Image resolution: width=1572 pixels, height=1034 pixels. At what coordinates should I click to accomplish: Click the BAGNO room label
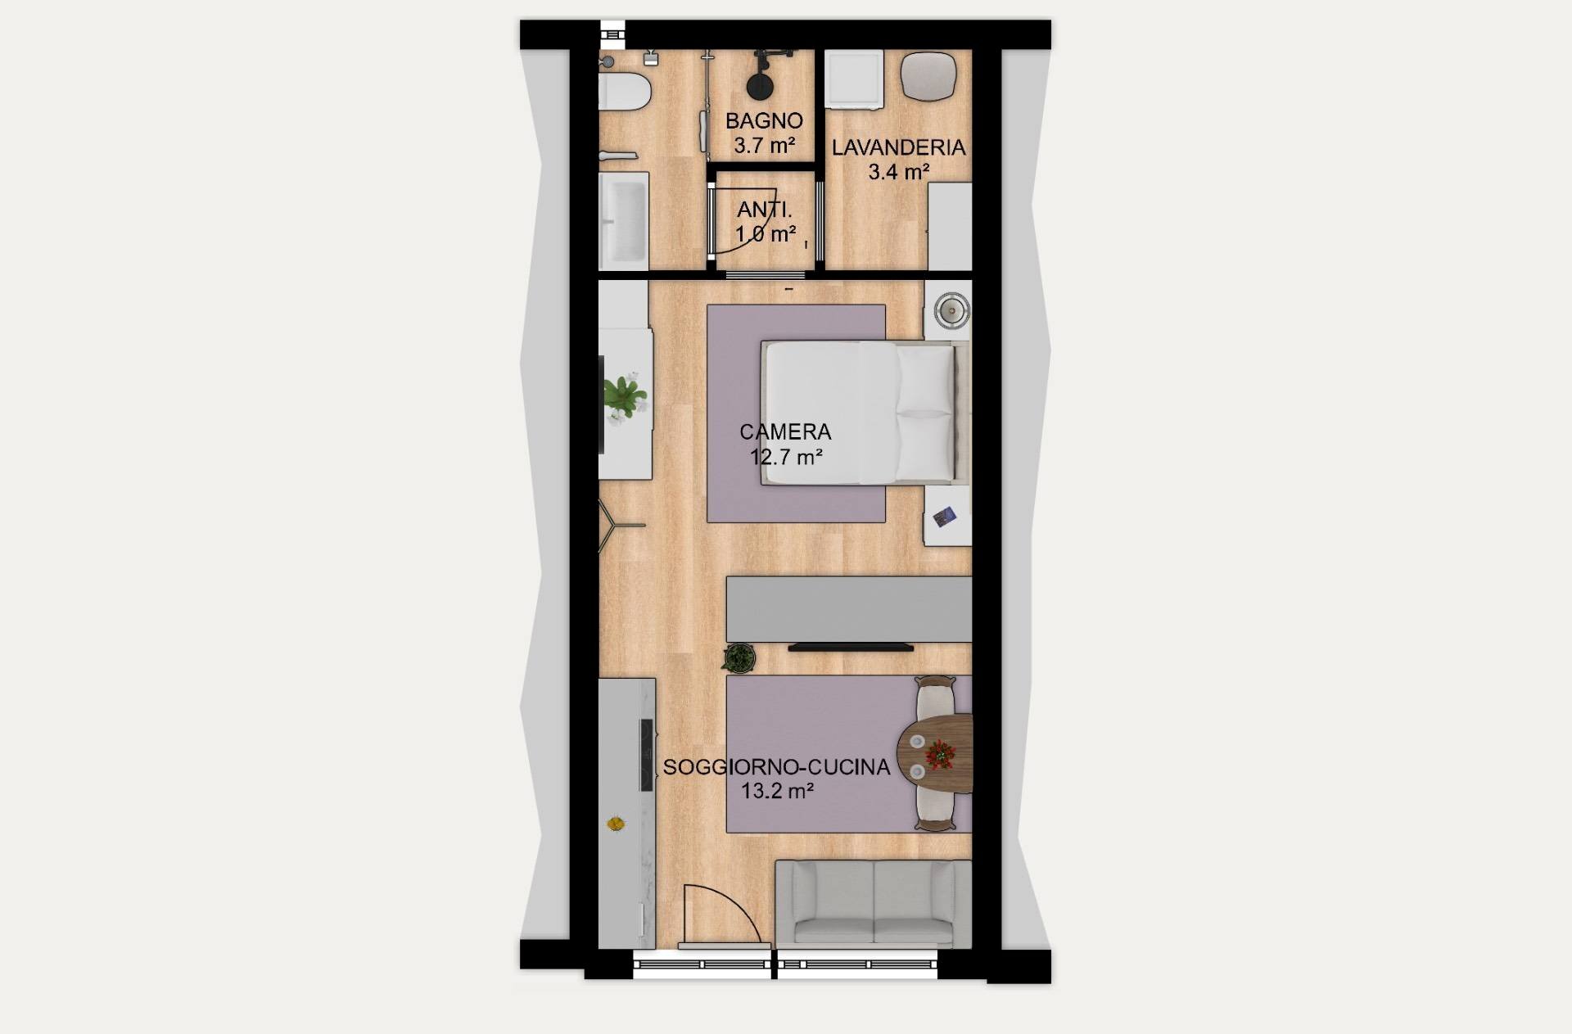(764, 120)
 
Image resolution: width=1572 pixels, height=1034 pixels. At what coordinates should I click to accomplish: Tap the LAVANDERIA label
(898, 147)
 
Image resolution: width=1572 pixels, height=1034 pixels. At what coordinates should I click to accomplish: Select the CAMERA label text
(785, 431)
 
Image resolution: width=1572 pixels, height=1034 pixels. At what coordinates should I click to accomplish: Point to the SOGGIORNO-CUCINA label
(776, 767)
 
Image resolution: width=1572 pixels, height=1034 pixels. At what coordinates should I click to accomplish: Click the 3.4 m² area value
(898, 172)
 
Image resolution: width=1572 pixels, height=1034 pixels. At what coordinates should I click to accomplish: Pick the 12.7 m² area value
(786, 457)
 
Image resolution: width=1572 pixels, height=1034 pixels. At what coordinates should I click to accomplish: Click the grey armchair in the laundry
(928, 75)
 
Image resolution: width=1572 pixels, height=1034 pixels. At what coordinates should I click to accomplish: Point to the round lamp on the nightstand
(952, 310)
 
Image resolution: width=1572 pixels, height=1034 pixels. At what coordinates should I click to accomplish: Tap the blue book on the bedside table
(944, 517)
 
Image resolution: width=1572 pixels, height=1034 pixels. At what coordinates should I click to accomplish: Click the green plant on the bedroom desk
(626, 395)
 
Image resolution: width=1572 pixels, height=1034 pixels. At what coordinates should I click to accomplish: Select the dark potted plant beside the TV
(739, 658)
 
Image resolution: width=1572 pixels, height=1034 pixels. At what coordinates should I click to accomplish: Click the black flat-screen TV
(851, 648)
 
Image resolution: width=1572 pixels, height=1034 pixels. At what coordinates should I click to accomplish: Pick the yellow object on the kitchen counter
(616, 823)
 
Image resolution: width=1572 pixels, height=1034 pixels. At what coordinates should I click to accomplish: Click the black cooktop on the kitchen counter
(646, 754)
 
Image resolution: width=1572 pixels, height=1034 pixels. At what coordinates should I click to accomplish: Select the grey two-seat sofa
(873, 903)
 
